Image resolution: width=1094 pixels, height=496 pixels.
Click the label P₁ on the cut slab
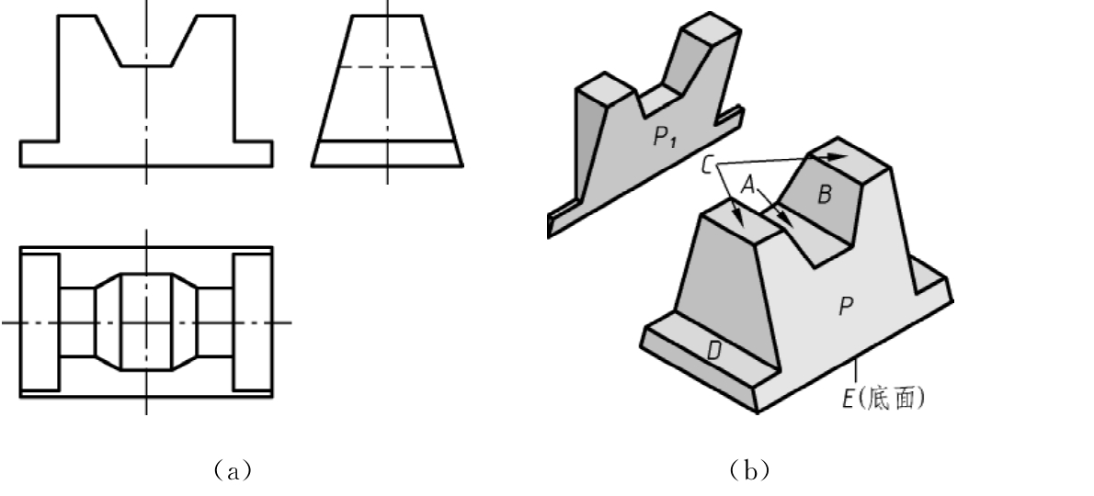click(664, 137)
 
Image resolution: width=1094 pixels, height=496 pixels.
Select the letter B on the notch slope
click(824, 195)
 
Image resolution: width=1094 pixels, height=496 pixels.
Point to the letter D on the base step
click(713, 352)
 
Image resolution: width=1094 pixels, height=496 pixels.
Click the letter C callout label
click(707, 166)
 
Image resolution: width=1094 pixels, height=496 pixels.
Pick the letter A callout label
click(748, 185)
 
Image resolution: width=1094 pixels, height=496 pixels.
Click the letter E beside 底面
click(849, 400)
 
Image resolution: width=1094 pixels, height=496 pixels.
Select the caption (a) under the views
click(233, 471)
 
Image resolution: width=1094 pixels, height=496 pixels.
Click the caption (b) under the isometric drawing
click(750, 471)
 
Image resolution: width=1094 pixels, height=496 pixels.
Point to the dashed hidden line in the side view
click(387, 67)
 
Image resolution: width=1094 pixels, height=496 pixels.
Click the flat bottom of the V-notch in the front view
click(146, 66)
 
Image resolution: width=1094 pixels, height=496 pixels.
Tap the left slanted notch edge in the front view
click(108, 41)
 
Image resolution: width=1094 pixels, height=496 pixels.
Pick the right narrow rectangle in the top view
click(253, 321)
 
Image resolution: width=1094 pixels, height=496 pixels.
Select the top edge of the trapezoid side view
click(387, 16)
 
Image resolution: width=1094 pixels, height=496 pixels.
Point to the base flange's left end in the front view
click(21, 154)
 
